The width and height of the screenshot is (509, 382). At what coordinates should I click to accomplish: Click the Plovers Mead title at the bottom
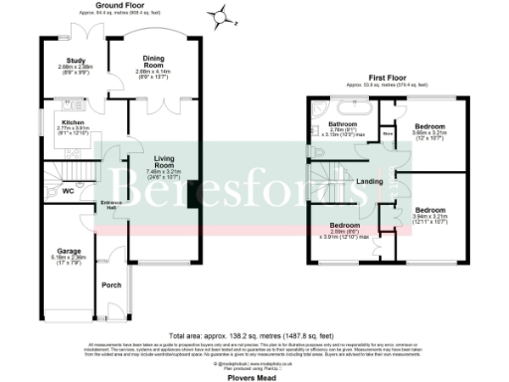(254, 375)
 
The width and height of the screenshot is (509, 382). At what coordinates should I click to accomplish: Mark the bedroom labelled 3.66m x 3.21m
(429, 127)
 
